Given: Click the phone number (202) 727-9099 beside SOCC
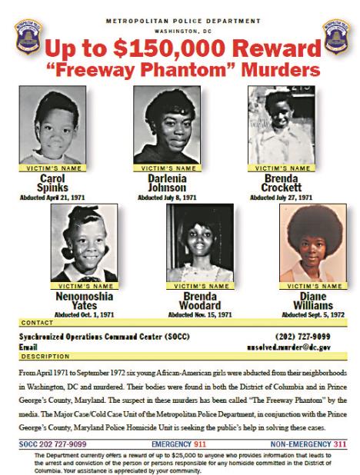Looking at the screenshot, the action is click(303, 336).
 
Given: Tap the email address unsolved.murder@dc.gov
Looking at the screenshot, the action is click(295, 347).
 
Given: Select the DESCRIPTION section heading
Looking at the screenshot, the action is click(45, 357).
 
